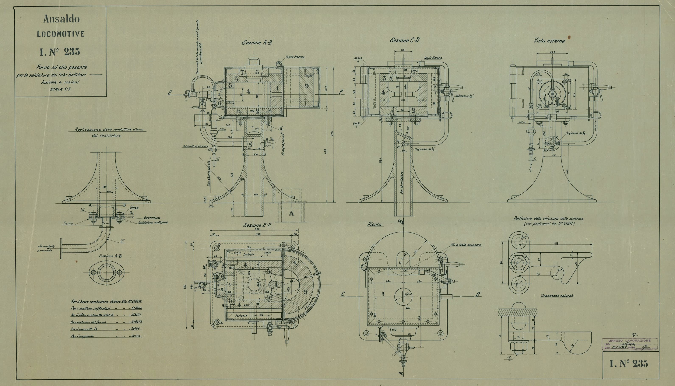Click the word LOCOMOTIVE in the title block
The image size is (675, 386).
click(61, 34)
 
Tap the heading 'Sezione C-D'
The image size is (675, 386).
click(405, 41)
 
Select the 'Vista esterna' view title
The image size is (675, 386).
click(549, 41)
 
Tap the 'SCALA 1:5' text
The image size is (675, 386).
click(60, 89)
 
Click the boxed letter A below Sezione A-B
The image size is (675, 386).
click(291, 213)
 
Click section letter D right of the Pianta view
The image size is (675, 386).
click(478, 294)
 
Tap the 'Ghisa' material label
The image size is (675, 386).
click(134, 208)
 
